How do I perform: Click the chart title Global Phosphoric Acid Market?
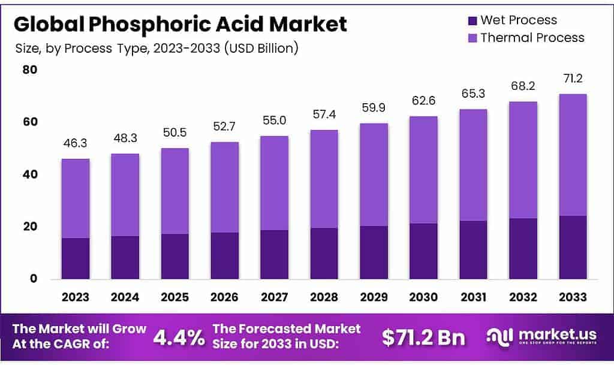click(x=180, y=25)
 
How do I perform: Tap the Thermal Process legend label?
click(x=532, y=38)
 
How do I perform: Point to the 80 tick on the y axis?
click(x=30, y=70)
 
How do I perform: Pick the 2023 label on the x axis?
click(x=76, y=297)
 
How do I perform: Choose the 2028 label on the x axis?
click(x=324, y=297)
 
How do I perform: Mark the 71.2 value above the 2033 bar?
click(x=572, y=79)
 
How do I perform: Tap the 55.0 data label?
click(x=274, y=121)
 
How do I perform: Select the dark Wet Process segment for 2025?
click(x=174, y=257)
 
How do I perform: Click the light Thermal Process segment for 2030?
click(x=423, y=170)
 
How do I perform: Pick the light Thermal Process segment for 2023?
click(x=76, y=198)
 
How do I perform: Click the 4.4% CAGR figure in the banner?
click(x=179, y=337)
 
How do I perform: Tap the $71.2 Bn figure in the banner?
click(x=423, y=337)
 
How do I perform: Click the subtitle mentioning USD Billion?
click(x=156, y=48)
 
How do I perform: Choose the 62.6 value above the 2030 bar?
click(x=423, y=101)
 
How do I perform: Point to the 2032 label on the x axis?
click(x=523, y=297)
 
